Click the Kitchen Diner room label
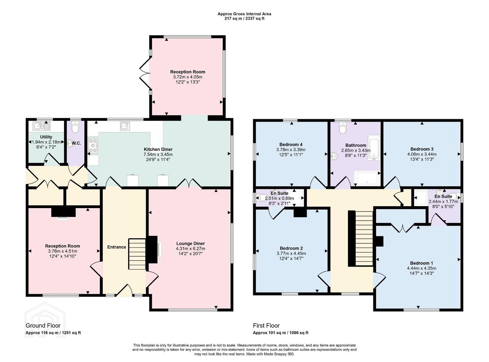tap(158, 149)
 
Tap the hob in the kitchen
tap(93, 145)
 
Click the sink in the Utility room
tap(42, 126)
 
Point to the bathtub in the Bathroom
tap(374, 147)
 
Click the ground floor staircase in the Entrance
tap(137, 254)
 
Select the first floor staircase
tap(364, 238)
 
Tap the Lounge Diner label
tap(191, 244)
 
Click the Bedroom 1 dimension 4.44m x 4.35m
tap(421, 268)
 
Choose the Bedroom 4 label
tap(291, 144)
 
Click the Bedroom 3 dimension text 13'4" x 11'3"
tap(422, 159)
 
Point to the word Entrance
tap(117, 247)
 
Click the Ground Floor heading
tap(43, 325)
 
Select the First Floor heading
tap(266, 325)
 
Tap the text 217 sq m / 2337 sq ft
tap(244, 18)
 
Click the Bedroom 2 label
tap(291, 248)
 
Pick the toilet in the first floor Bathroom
tap(343, 128)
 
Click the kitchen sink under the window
tap(125, 126)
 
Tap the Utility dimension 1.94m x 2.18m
tap(46, 142)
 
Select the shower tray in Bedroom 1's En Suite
tap(421, 197)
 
